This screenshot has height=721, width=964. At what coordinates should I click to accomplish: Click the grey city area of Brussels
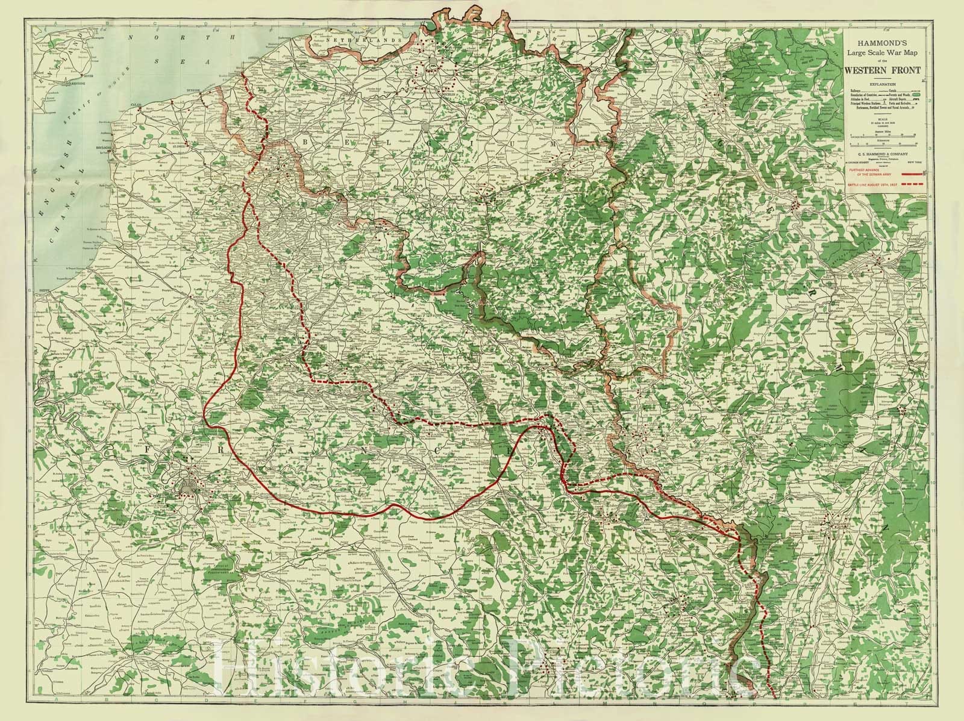[x=425, y=127]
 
